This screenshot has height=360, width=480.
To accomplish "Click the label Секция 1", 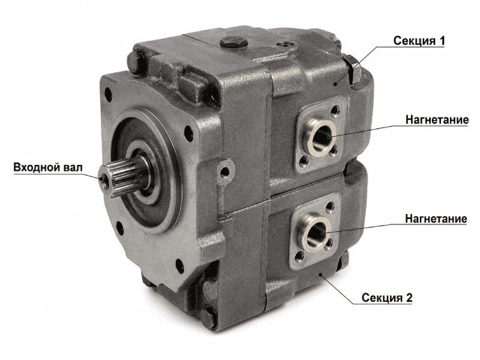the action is pos(419,41).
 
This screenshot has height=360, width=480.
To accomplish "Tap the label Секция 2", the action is pos(387,297).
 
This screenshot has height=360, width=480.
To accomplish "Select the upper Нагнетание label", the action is pos(437,119).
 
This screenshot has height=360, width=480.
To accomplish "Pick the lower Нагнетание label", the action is pos(436,218).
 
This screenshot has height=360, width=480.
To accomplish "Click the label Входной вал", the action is pos(48,167).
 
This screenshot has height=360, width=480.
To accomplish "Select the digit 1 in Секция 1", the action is pos(442,41).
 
